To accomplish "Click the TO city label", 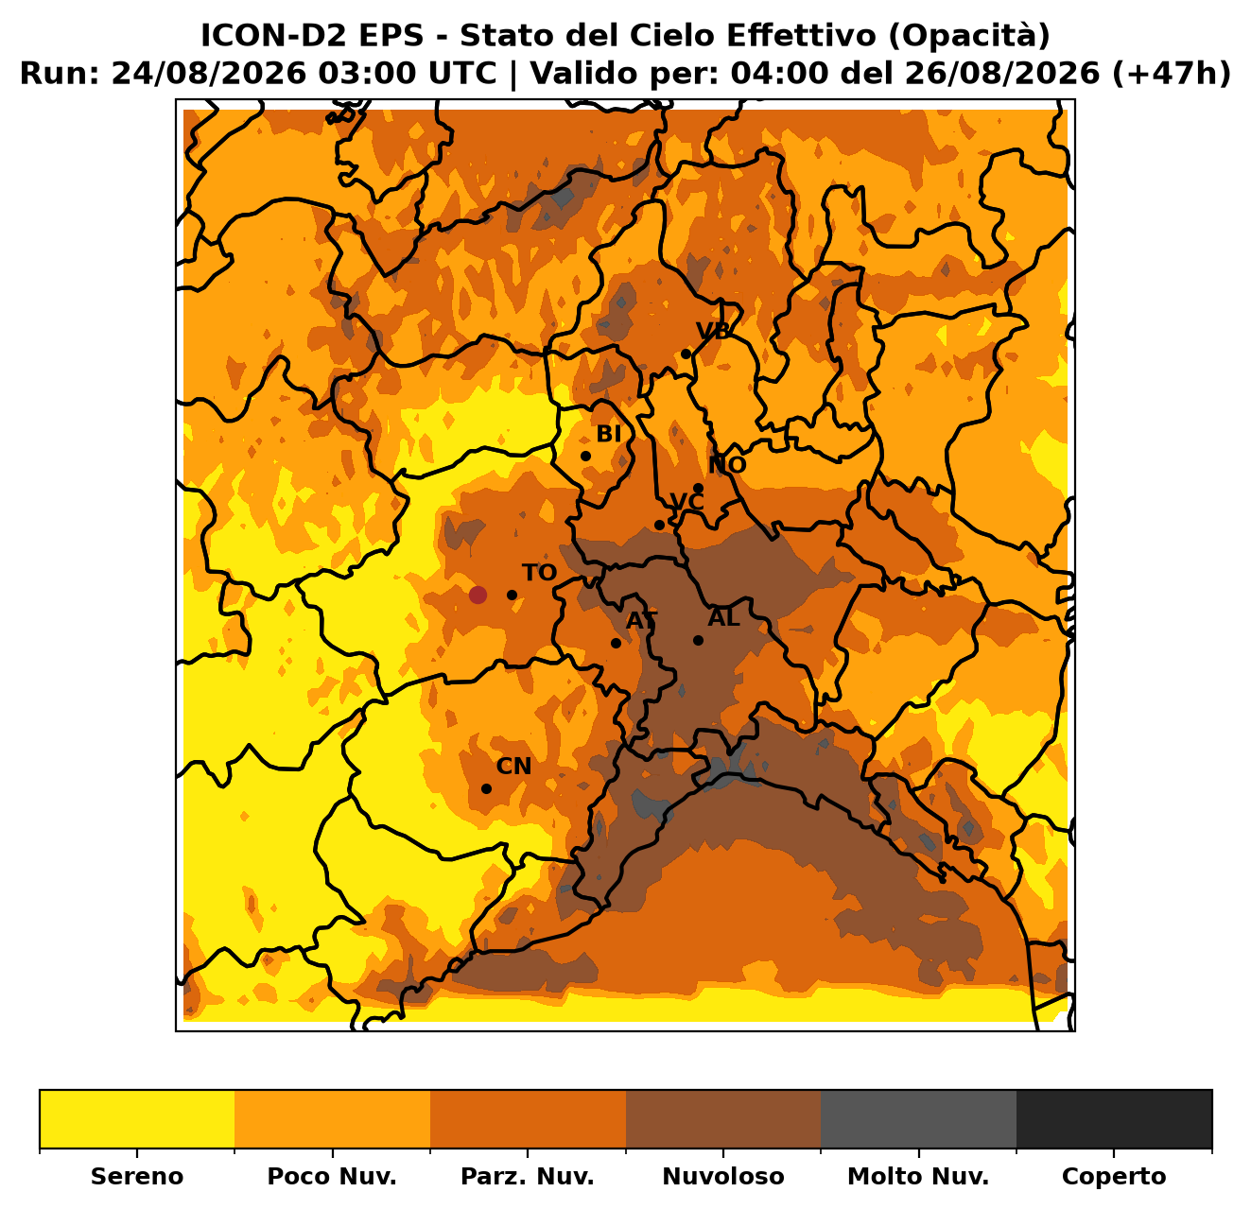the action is pos(539,572).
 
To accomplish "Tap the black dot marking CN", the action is pos(486,788).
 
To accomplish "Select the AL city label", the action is pos(723,617).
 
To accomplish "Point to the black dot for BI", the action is pos(585,457).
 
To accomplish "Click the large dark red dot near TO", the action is pos(477,596).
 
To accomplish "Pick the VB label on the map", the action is pos(712,331).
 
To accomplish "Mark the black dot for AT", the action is pos(616,644).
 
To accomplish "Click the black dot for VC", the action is pos(659,526).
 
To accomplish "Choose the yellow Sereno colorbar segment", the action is pos(137,1119).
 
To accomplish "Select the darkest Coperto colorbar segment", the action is pos(1114,1119).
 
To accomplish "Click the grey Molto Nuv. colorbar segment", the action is pos(918,1119).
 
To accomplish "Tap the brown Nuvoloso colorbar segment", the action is pos(722,1119).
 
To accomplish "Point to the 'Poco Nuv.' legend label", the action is pos(332,1177).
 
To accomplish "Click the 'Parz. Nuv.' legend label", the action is pos(527,1177).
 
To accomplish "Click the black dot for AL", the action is pos(698,640).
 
